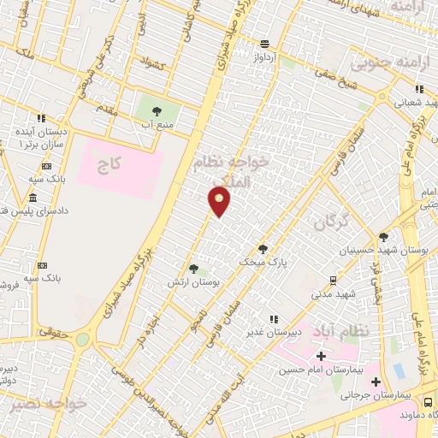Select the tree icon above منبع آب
(156, 110)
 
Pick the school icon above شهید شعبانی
(418, 88)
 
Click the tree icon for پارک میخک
(263, 249)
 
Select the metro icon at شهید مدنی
(333, 279)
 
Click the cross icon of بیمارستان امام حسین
(321, 356)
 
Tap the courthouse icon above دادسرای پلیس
(33, 198)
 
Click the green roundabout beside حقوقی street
(82, 339)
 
